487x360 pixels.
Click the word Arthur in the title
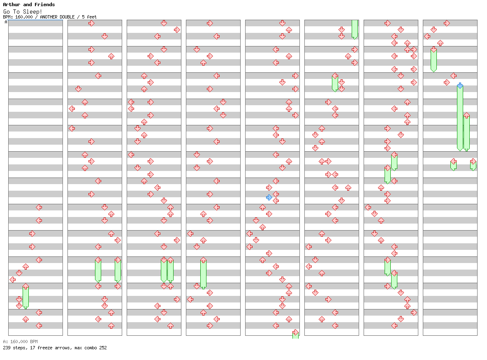(12, 5)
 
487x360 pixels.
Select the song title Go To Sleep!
(23, 12)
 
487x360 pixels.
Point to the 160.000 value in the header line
(24, 17)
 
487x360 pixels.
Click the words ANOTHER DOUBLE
(57, 17)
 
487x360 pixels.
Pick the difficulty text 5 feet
(89, 17)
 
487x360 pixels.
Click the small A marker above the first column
(6, 22)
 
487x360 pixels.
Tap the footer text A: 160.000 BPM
(20, 342)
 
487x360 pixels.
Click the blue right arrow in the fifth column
(269, 197)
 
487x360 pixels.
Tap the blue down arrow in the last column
(460, 85)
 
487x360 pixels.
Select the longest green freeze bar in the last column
(460, 118)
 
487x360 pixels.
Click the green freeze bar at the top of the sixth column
(355, 30)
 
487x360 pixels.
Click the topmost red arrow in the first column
(39, 207)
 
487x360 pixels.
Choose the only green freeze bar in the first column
(26, 297)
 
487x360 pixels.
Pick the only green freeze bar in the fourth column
(204, 274)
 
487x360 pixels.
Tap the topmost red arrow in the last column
(447, 23)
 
